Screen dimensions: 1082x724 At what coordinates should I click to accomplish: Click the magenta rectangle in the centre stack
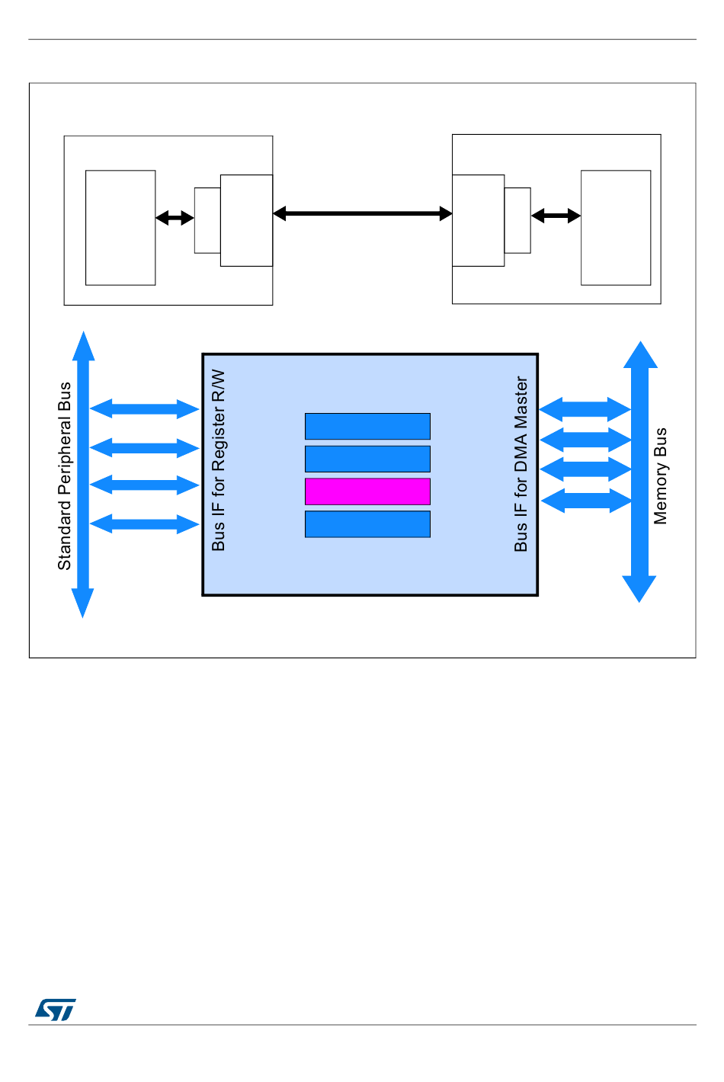[x=367, y=491]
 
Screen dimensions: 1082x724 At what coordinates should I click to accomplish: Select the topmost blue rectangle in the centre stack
[x=367, y=427]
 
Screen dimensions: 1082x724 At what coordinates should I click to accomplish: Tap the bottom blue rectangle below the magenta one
[x=367, y=524]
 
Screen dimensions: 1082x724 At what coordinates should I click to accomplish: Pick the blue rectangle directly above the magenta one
[x=367, y=459]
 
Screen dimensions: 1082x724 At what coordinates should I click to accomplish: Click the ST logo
[x=55, y=1010]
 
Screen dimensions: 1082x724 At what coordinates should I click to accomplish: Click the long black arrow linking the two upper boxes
[x=363, y=214]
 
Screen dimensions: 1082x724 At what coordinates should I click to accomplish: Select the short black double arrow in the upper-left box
[x=175, y=218]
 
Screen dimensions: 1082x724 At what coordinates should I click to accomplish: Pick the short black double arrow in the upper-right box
[x=556, y=216]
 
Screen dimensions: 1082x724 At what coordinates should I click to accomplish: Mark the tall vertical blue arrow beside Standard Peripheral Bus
[x=83, y=474]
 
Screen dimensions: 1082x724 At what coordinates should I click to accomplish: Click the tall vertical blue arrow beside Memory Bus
[x=640, y=472]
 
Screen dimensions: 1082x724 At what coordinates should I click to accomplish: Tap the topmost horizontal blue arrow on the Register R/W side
[x=144, y=409]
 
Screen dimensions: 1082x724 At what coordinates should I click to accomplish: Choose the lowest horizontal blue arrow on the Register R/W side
[x=144, y=524]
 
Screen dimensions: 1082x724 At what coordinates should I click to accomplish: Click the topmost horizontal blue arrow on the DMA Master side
[x=585, y=410]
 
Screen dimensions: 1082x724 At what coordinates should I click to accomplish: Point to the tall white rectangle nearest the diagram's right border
[x=616, y=228]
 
